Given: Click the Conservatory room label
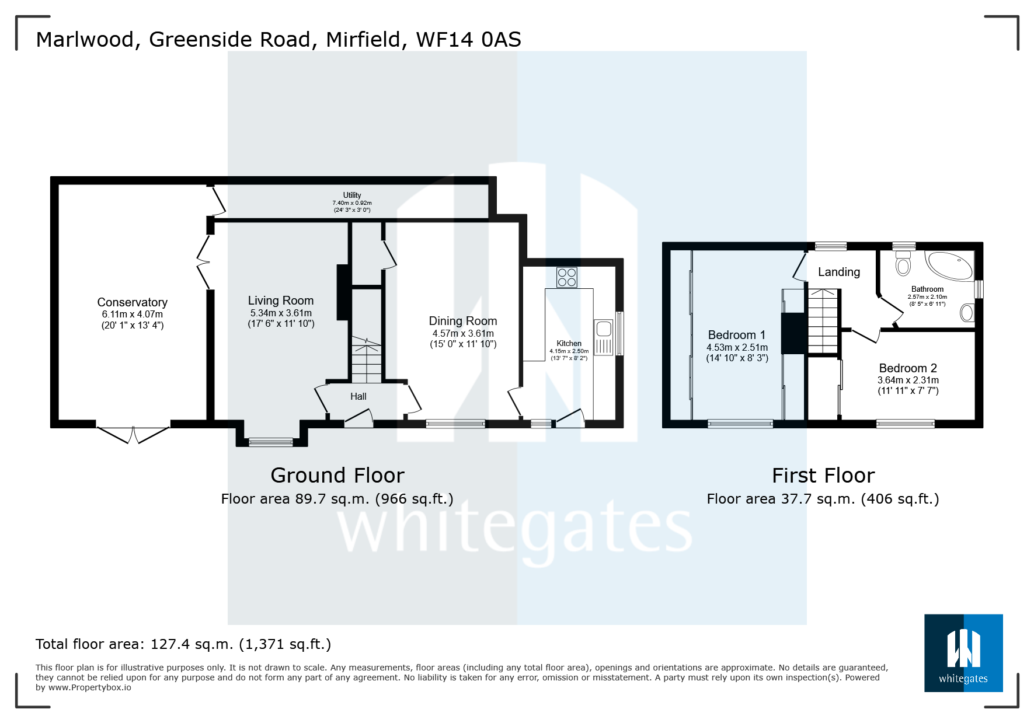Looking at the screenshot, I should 132,302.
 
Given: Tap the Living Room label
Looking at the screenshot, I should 280,301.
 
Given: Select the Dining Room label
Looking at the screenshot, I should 463,321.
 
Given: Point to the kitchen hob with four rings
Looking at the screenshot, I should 567,277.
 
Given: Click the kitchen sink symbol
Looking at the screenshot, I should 604,329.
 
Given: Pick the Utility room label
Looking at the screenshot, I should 352,195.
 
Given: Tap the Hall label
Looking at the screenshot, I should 358,397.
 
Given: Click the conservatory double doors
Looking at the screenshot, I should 133,435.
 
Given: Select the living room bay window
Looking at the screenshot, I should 271,442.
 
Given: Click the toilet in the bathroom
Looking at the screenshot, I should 903,263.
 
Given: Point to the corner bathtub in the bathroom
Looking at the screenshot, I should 951,266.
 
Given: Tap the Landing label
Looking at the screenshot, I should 839,272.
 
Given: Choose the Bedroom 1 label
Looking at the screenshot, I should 736,335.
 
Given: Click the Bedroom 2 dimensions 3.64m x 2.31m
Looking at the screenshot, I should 908,380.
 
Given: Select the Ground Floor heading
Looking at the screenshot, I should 337,476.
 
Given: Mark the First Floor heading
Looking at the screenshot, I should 823,476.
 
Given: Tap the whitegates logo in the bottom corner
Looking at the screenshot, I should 963,653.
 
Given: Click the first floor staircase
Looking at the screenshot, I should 823,321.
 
